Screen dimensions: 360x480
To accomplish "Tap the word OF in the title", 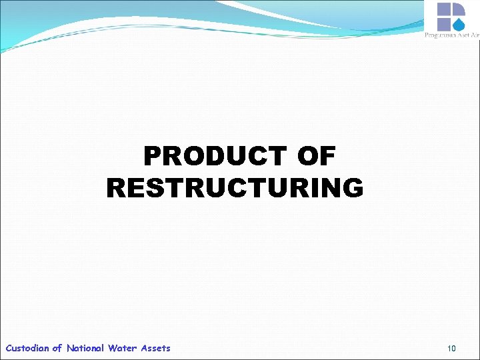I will (x=316, y=157).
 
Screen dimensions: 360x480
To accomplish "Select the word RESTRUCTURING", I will (x=235, y=188).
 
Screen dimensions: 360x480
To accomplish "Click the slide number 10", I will (x=451, y=348).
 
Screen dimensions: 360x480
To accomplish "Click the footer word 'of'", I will (x=57, y=348).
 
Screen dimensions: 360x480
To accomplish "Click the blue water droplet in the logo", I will (x=459, y=24).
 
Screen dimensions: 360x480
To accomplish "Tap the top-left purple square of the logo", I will (x=445, y=9).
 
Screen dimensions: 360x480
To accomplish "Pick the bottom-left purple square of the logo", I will (x=445, y=24).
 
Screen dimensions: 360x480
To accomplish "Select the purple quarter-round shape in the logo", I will (x=459, y=9).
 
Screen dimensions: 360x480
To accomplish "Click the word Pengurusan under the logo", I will (x=440, y=35).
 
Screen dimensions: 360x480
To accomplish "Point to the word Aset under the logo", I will (x=462, y=35).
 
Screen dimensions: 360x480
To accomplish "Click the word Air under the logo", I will (x=474, y=35).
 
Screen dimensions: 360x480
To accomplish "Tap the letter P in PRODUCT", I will (x=153, y=157).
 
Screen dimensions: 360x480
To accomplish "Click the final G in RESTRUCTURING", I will (x=353, y=188).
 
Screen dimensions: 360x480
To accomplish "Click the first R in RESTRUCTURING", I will (x=116, y=188).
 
